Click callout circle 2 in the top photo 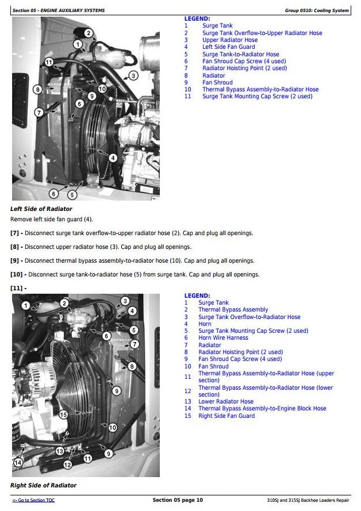point(88,33)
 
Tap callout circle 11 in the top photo point(49,62)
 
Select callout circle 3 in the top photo point(133,75)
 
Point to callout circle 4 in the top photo point(113,157)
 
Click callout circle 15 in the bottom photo point(63,414)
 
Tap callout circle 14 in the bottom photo point(18,463)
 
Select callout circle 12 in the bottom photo point(68,464)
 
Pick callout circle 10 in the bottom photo point(113,428)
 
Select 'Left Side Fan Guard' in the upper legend point(228,47)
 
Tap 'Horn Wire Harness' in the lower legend point(223,338)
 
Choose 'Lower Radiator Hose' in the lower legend point(225,401)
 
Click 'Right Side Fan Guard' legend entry point(226,416)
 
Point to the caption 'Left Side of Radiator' point(41,209)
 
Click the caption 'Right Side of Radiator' point(43,485)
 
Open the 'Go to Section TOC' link point(33,500)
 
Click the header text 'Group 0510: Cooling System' point(316,10)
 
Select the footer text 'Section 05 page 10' point(178,500)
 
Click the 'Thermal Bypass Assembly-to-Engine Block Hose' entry point(262,409)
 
